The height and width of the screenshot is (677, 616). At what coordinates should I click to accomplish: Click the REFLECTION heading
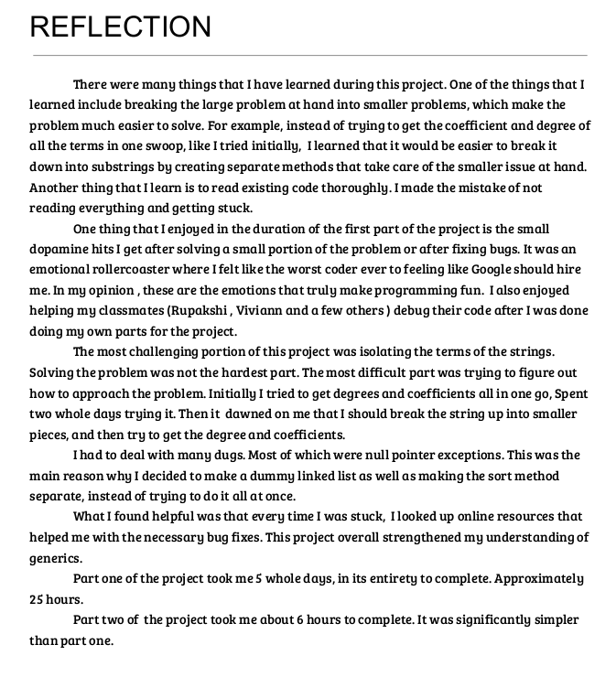coord(120,27)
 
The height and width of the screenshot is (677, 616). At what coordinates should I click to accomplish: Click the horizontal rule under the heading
coord(309,56)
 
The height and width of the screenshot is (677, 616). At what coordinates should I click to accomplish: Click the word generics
coord(56,558)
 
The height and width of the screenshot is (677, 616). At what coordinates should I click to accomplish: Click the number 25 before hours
coord(38,599)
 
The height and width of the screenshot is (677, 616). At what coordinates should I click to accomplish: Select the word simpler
coord(555,620)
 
